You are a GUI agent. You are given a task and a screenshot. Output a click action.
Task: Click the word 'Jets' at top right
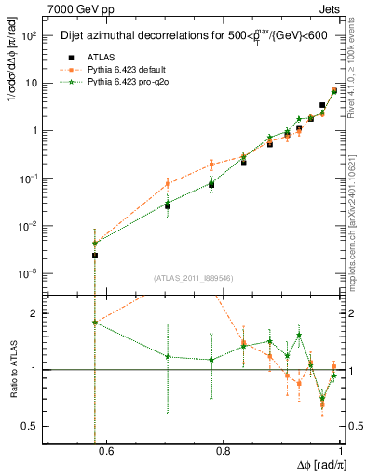[x=332, y=8]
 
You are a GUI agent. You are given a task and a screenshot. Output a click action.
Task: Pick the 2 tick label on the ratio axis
[x=38, y=314]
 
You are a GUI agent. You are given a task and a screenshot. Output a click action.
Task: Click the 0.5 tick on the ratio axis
[x=34, y=426]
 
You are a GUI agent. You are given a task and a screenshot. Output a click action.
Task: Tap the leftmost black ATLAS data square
[x=95, y=255]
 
